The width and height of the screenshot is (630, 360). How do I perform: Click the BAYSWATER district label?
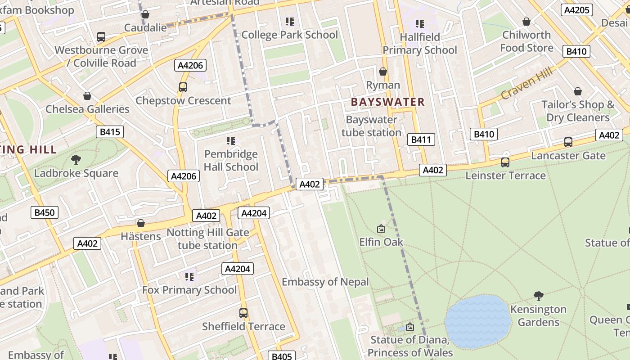point(387,102)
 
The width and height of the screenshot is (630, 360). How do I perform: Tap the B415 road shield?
point(110,132)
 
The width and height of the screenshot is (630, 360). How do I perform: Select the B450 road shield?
point(45,212)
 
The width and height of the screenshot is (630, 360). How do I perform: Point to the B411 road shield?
point(421,139)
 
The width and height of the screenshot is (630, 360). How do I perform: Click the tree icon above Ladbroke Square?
point(76,159)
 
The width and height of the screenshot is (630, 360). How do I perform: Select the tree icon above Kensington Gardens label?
point(538,296)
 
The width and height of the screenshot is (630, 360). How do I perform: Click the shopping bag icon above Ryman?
point(383,72)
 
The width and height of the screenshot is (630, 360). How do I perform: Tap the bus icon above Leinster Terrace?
point(505,162)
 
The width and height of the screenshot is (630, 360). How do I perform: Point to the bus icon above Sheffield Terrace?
point(243,313)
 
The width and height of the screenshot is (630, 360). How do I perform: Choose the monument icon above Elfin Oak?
point(381,229)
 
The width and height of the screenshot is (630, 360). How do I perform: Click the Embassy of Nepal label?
point(325,282)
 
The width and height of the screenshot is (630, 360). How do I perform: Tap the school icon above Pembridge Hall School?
point(231,141)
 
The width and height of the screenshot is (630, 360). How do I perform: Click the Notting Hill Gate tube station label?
point(207,239)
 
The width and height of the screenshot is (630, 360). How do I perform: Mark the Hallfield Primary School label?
point(419,44)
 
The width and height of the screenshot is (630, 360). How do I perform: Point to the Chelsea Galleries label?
point(87,109)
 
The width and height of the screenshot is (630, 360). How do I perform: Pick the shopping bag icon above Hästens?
point(141,223)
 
